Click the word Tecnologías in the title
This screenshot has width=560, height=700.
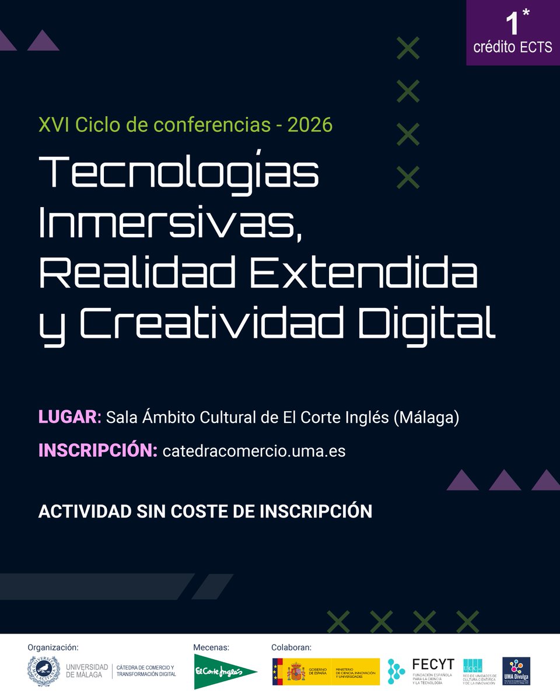click(178, 174)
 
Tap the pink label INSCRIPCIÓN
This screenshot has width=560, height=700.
click(97, 451)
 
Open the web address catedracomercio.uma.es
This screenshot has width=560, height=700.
click(254, 452)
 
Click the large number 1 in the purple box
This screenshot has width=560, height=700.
click(512, 24)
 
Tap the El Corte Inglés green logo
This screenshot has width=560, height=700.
click(225, 671)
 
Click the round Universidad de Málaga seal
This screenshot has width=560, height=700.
click(43, 671)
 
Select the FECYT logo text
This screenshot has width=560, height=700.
click(433, 664)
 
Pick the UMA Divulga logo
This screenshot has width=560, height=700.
click(516, 671)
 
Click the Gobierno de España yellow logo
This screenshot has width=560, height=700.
click(325, 671)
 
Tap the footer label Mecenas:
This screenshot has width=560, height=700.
click(211, 647)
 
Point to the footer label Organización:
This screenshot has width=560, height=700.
click(52, 647)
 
